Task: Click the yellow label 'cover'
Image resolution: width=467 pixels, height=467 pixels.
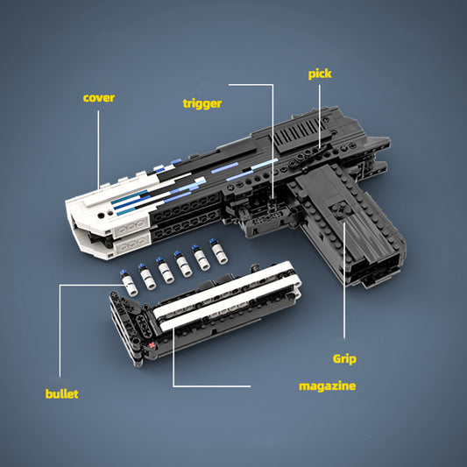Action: (99, 97)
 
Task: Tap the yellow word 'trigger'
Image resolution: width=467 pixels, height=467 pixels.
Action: (202, 104)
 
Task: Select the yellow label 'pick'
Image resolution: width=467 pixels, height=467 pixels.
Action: (320, 74)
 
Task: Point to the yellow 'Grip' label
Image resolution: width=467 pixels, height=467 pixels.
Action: (344, 359)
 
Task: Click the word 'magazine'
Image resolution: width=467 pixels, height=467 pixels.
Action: (328, 386)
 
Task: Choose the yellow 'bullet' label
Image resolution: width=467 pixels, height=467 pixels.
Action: (61, 393)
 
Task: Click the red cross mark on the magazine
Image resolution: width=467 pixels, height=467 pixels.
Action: (152, 345)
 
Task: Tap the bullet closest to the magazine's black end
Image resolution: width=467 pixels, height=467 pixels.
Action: (130, 283)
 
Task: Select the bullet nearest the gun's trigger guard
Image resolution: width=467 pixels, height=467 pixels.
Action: (219, 251)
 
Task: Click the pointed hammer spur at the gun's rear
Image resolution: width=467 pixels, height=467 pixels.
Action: (379, 141)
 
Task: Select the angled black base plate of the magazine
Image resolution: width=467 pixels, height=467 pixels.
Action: (126, 329)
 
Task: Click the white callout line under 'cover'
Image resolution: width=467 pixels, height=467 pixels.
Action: (98, 150)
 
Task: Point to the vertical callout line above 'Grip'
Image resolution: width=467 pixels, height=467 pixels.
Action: (344, 280)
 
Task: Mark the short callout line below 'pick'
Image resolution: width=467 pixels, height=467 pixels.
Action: (320, 117)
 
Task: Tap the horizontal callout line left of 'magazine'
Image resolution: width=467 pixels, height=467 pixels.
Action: (212, 386)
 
